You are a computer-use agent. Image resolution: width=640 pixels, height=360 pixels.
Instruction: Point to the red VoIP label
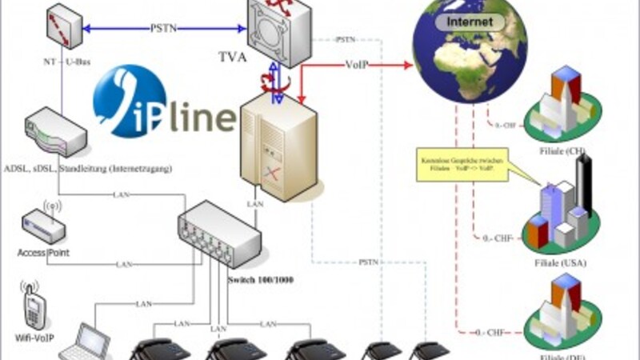coord(356,65)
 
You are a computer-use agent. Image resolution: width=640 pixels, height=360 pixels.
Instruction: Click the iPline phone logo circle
coord(129,102)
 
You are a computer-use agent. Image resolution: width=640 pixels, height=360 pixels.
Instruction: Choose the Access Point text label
coord(42,253)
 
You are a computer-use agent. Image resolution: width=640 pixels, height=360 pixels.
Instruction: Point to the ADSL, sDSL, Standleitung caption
coord(87,169)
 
